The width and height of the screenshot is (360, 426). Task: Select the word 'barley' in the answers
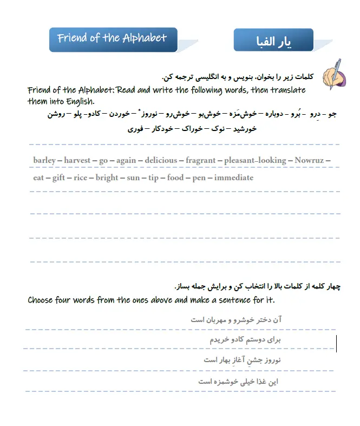(44, 160)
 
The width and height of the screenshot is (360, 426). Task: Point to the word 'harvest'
(78, 160)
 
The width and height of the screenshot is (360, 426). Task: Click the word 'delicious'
(161, 160)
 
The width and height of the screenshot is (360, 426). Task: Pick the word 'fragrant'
(201, 160)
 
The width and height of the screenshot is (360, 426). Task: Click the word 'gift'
(58, 178)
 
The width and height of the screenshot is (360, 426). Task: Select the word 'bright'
(107, 178)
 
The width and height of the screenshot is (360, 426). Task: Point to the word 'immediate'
(233, 178)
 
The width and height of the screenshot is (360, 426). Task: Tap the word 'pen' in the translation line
(199, 178)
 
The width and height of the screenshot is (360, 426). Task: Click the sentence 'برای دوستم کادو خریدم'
(245, 339)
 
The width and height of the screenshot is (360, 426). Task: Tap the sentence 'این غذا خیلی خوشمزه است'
(238, 382)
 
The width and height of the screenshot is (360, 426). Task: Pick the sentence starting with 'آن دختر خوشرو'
(236, 319)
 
